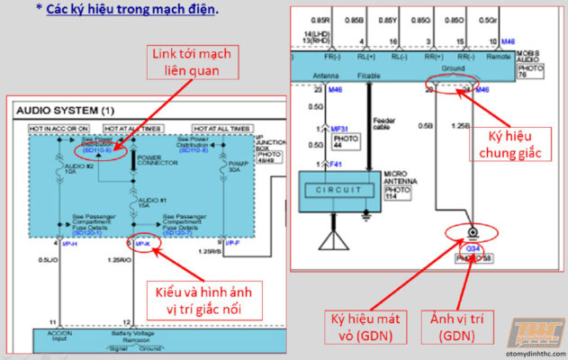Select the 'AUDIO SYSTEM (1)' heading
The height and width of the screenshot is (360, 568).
pos(66,110)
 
